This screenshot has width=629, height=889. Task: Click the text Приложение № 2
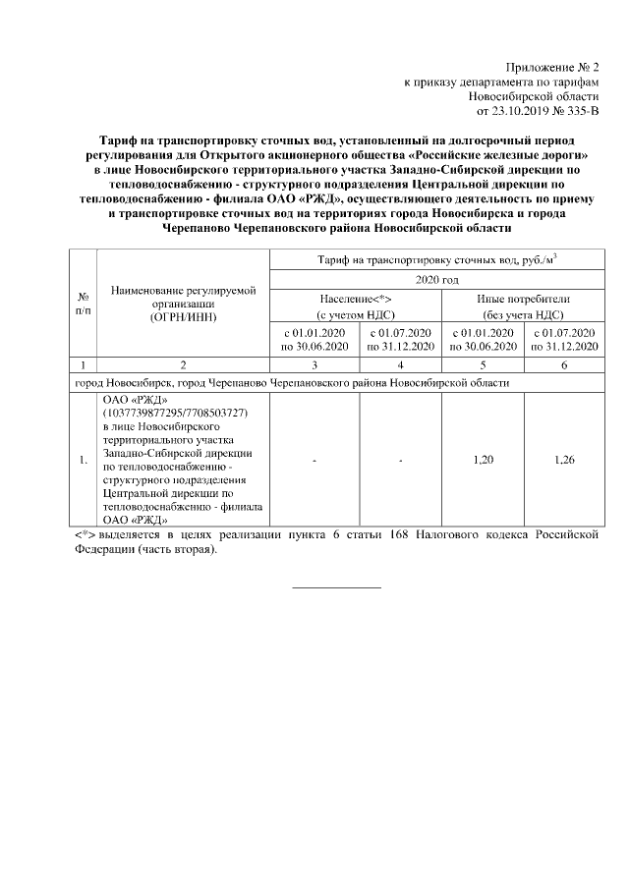pos(551,66)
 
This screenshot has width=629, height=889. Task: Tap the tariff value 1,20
pos(483,459)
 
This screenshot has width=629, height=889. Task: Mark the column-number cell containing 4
pos(401,364)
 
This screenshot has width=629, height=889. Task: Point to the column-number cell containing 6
pos(564,364)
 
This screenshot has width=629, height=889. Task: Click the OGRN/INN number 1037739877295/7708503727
pos(172,415)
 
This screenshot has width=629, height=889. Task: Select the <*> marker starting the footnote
pos(86,534)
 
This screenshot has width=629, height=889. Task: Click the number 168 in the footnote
pos(390,534)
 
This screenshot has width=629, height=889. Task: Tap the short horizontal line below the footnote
pos(337,587)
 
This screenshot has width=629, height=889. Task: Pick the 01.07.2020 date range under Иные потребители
pos(564,340)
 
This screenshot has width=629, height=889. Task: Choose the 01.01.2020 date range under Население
pos(315,340)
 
